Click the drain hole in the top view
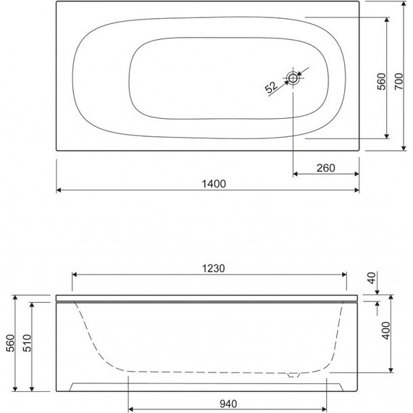pyautogui.click(x=293, y=78)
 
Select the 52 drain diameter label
pyautogui.click(x=271, y=87)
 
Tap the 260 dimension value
pyautogui.click(x=326, y=168)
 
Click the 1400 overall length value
pyautogui.click(x=214, y=184)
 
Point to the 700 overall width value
pyautogui.click(x=399, y=81)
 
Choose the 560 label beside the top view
pyautogui.click(x=381, y=81)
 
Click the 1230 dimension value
pyautogui.click(x=214, y=269)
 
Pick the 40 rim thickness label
pyautogui.click(x=372, y=278)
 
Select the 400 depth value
pyautogui.click(x=385, y=330)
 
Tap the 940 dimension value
pyautogui.click(x=228, y=404)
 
